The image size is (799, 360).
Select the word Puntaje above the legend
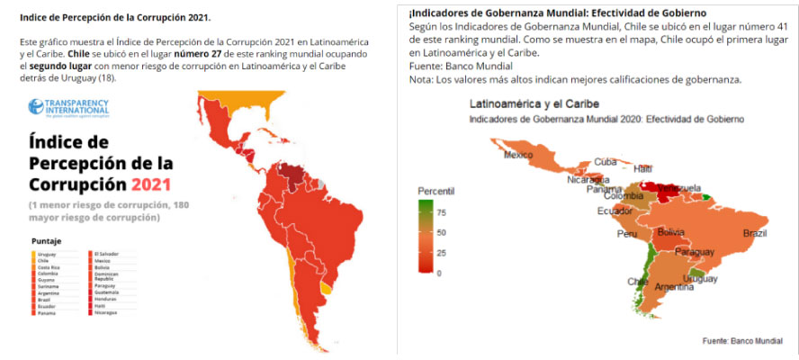(x=46, y=241)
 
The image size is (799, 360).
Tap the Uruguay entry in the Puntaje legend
(x=47, y=255)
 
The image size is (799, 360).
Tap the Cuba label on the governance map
(x=605, y=162)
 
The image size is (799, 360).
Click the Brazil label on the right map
(x=754, y=233)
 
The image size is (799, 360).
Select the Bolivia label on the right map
(x=672, y=232)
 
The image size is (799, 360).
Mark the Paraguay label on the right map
(x=693, y=253)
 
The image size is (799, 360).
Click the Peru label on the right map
(x=626, y=234)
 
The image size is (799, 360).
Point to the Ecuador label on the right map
(x=614, y=211)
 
